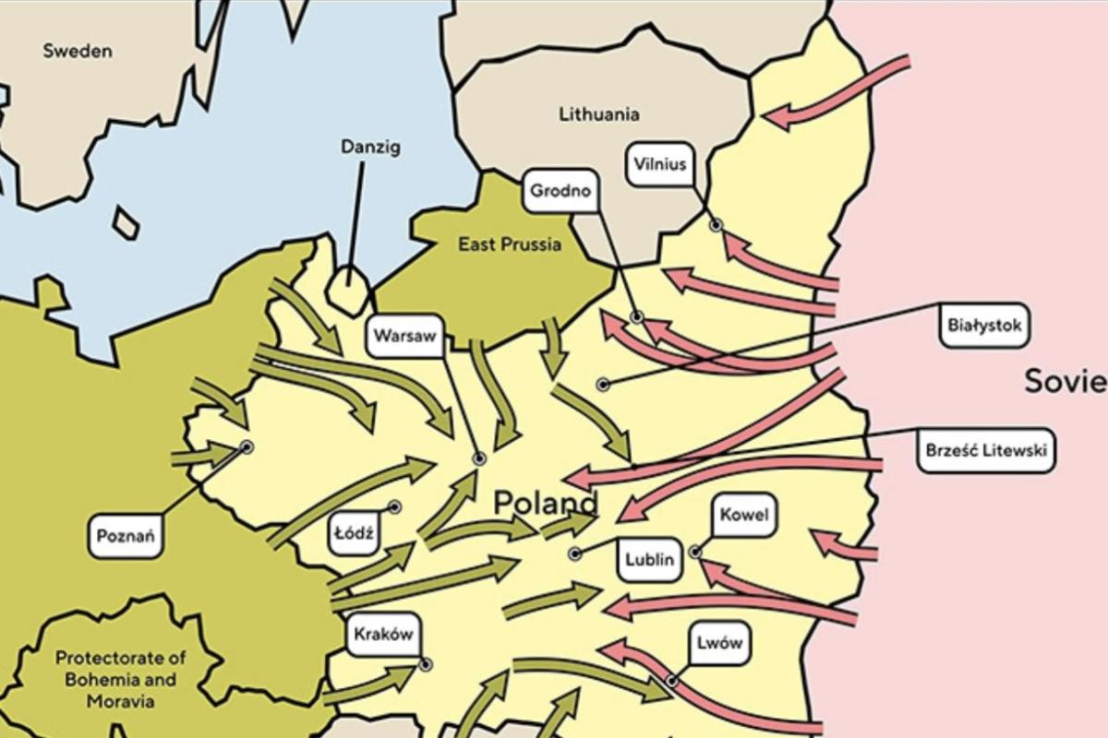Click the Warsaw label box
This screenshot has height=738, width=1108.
click(x=404, y=337)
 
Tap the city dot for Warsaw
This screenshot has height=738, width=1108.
click(x=479, y=458)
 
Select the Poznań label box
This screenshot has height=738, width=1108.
click(x=126, y=536)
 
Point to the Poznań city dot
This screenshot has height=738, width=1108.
click(x=247, y=446)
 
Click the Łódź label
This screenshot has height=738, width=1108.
click(x=355, y=534)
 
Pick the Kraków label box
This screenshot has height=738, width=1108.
click(x=382, y=635)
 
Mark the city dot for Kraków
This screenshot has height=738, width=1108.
click(x=425, y=664)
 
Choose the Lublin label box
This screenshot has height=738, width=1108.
click(x=650, y=559)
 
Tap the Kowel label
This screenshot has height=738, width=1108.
click(x=744, y=515)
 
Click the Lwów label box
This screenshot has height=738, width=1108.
click(x=719, y=644)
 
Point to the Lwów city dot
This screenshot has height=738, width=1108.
click(x=672, y=682)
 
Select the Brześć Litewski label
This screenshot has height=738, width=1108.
click(x=987, y=452)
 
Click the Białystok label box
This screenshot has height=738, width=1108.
click(x=984, y=326)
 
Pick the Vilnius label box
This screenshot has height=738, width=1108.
click(x=661, y=165)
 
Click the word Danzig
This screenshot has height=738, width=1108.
click(x=370, y=147)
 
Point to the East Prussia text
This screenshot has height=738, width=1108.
click(x=510, y=244)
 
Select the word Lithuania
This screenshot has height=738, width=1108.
click(x=599, y=114)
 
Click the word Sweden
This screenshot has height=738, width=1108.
click(x=78, y=51)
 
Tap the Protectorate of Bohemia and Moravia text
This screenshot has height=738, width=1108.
click(x=121, y=680)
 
